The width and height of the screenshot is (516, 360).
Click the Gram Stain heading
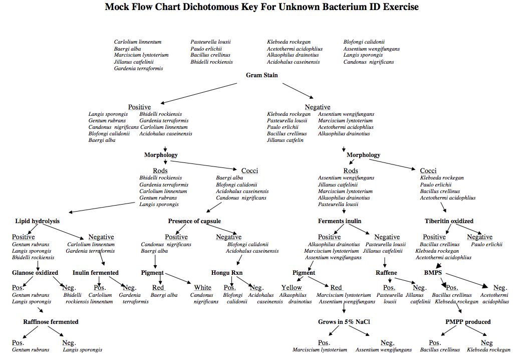click(x=262, y=75)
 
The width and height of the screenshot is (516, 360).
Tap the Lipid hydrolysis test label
click(x=37, y=221)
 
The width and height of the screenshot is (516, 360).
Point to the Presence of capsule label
click(x=194, y=221)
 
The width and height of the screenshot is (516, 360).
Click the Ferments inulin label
click(x=340, y=221)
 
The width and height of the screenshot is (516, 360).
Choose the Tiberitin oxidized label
click(x=449, y=221)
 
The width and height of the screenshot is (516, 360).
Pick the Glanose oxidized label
click(x=35, y=273)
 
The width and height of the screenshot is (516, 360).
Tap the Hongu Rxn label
click(x=227, y=273)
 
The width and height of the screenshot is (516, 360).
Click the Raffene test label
click(x=386, y=273)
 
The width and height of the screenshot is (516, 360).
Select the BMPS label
click(x=433, y=273)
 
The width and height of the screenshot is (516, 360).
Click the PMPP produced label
click(x=468, y=321)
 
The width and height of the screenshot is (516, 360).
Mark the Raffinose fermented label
click(x=51, y=321)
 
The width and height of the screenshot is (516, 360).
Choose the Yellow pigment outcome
click(x=292, y=287)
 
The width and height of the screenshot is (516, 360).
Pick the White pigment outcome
click(x=203, y=287)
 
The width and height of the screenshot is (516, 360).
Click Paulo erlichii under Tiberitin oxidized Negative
click(x=486, y=245)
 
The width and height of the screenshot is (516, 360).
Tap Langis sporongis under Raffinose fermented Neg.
click(x=82, y=350)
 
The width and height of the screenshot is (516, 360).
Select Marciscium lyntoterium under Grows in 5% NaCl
click(x=320, y=350)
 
